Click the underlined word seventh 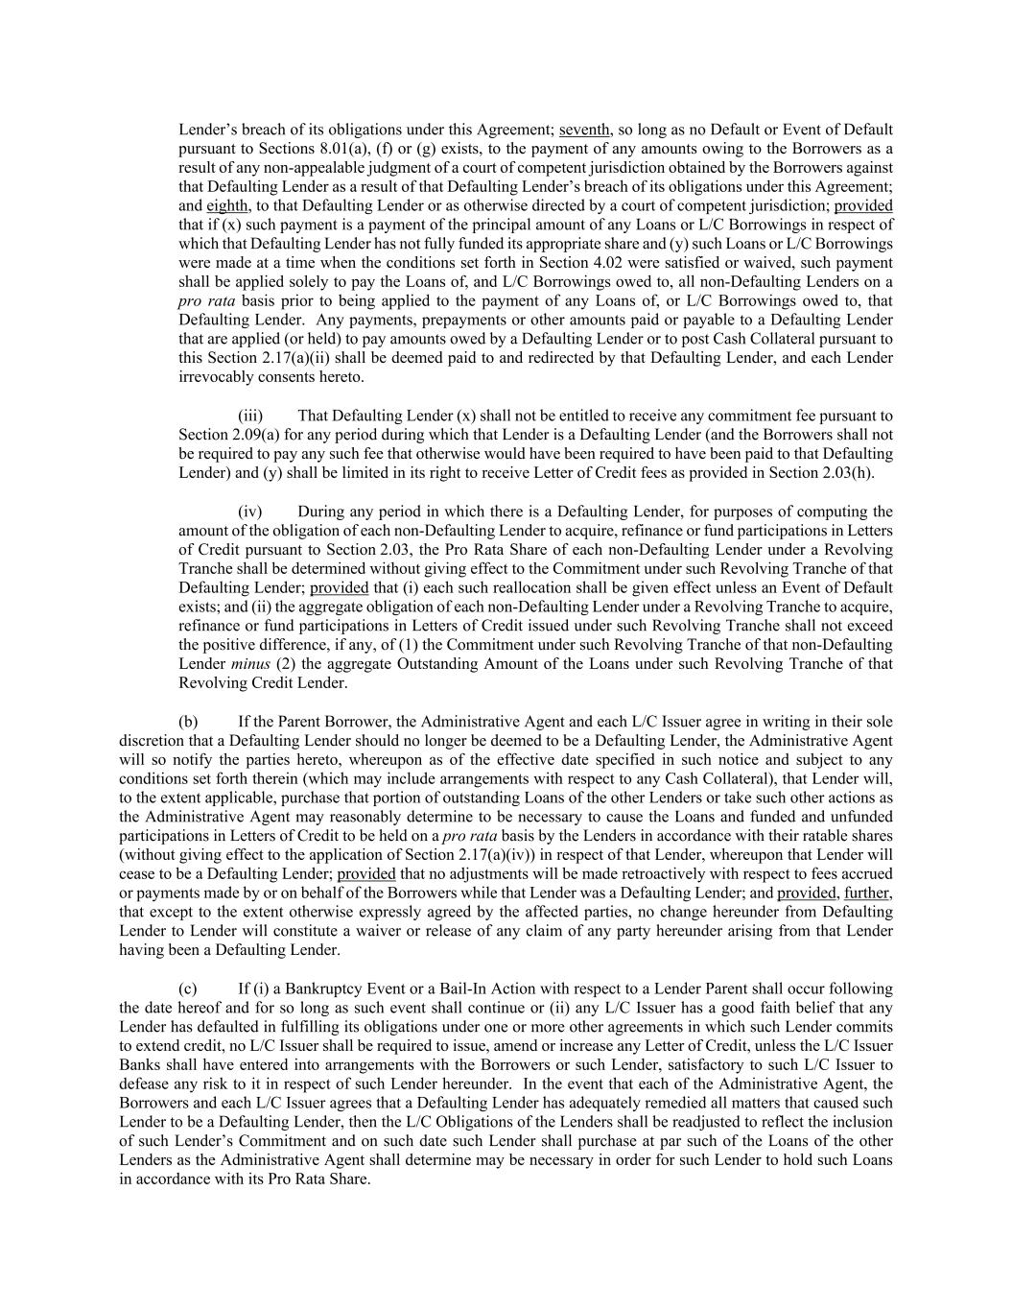coord(584,130)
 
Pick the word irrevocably coord(217,377)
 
